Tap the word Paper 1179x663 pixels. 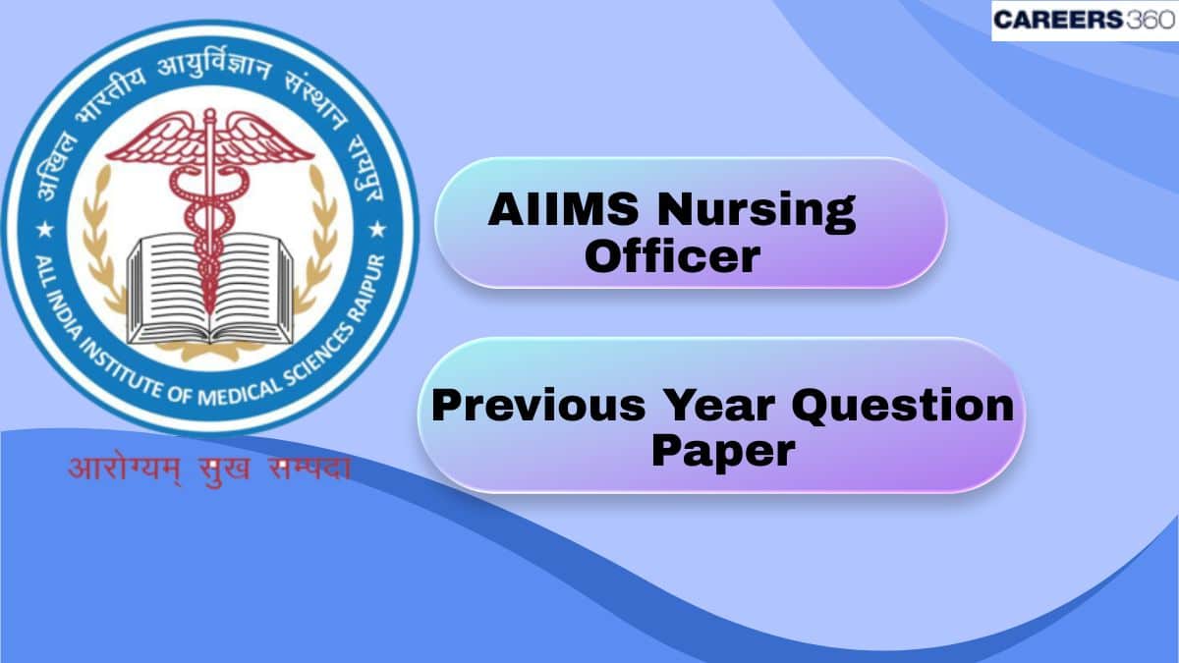722,451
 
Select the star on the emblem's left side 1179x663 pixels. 44,230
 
